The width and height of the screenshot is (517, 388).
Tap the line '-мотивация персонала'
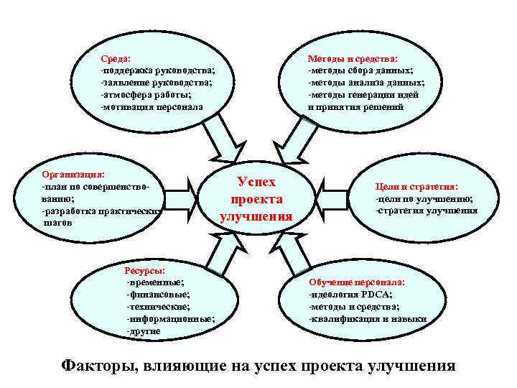tap(152, 106)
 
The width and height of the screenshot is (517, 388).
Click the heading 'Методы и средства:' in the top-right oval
tap(353, 60)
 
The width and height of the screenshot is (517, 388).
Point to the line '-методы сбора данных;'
tap(360, 71)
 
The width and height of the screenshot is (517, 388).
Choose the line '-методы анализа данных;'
tap(366, 83)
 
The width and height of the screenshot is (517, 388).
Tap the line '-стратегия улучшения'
tap(426, 211)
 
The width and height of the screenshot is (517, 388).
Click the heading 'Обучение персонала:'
tap(357, 283)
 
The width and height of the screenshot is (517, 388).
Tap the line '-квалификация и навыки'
tap(367, 318)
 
